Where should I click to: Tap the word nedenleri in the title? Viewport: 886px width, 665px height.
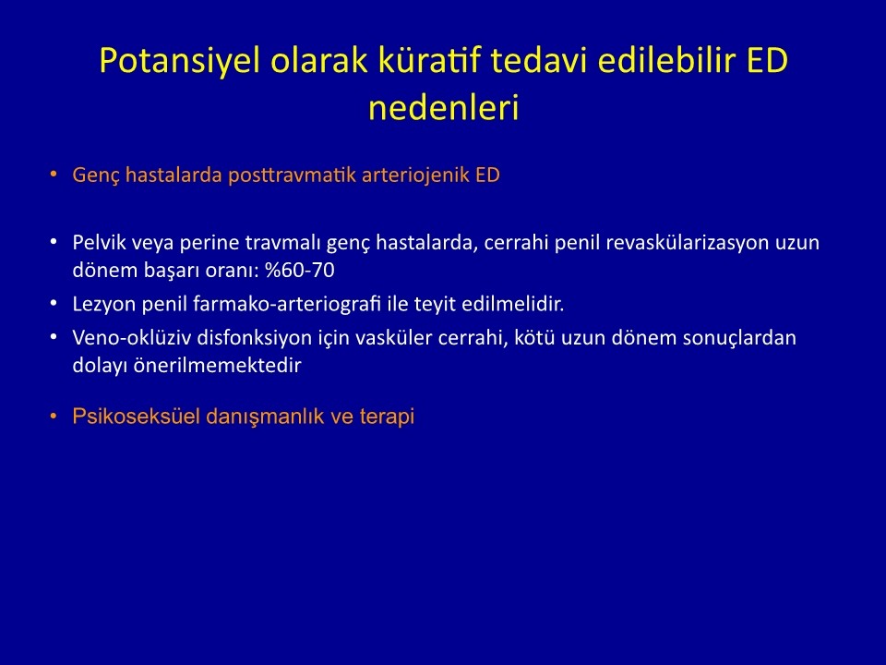(444, 107)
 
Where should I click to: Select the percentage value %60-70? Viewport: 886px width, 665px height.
(299, 271)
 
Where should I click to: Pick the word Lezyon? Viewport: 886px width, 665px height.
(104, 304)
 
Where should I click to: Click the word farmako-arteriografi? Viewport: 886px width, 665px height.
(287, 304)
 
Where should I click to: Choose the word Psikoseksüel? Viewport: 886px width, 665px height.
(137, 417)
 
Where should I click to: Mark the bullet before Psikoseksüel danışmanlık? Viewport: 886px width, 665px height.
(54, 417)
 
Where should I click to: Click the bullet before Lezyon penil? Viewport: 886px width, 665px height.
(54, 304)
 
